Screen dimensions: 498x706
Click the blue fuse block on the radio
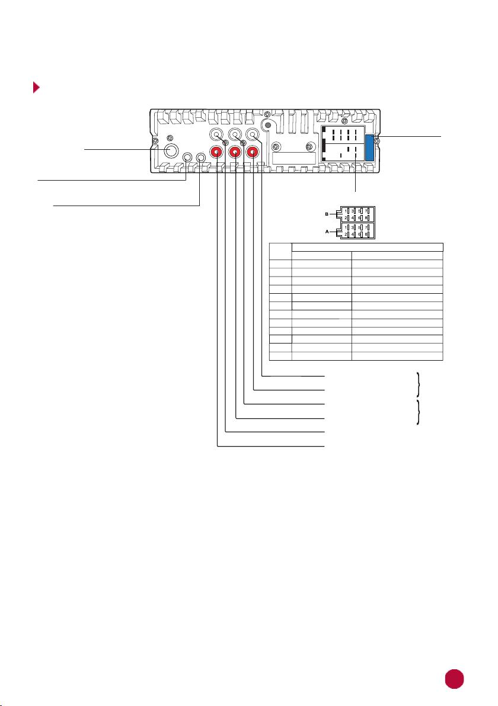click(x=369, y=147)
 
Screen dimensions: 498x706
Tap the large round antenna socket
click(x=170, y=150)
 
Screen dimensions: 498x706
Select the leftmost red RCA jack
click(x=217, y=153)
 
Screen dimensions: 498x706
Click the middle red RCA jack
click(x=235, y=153)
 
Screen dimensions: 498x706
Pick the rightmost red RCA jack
click(x=253, y=153)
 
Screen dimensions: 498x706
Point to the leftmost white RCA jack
click(x=217, y=134)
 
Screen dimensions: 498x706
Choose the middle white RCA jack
click(x=235, y=134)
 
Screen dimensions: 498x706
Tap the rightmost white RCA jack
click(x=253, y=134)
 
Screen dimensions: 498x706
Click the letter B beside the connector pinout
click(x=327, y=214)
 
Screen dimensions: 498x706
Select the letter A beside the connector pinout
click(x=327, y=231)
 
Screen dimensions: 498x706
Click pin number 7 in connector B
click(x=366, y=210)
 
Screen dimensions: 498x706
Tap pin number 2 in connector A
click(x=346, y=235)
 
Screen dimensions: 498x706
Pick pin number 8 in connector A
click(x=366, y=235)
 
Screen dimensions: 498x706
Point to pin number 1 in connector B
click(x=346, y=210)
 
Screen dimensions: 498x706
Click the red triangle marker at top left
click(x=36, y=87)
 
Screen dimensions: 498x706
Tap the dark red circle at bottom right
click(x=454, y=679)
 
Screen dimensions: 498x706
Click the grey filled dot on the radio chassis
click(x=268, y=126)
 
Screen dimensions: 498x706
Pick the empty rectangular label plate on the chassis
click(x=294, y=158)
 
